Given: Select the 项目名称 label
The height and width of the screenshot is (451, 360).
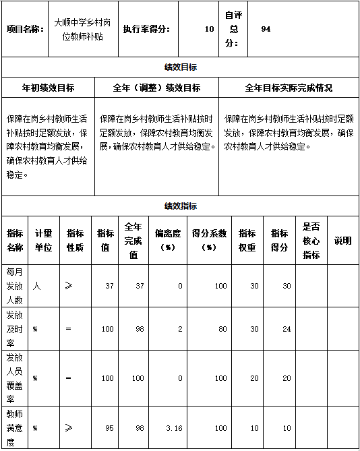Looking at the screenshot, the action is click(x=25, y=30).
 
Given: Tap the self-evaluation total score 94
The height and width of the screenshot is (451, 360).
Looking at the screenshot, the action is click(x=266, y=30).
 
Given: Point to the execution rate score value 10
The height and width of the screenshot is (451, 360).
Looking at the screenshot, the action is click(x=209, y=30).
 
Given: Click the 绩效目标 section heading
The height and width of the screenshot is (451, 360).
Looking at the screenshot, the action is click(x=180, y=67).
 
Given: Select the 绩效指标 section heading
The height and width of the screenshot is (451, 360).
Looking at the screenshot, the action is click(x=180, y=206).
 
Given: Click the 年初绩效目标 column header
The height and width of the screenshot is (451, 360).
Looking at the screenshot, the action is click(x=48, y=88).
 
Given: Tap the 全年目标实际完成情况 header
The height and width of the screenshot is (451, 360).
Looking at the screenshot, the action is click(x=289, y=88).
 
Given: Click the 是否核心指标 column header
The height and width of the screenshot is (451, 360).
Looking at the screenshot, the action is click(x=311, y=241).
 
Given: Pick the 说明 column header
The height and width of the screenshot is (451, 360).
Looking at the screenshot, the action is click(x=342, y=241).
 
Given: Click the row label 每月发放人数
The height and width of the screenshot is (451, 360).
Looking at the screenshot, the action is click(x=15, y=286).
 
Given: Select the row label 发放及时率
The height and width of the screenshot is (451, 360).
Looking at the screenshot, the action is click(x=15, y=328).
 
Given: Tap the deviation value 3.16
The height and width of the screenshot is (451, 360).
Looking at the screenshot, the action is click(x=174, y=427).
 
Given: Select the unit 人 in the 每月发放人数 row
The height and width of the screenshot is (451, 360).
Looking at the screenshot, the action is click(x=36, y=286).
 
